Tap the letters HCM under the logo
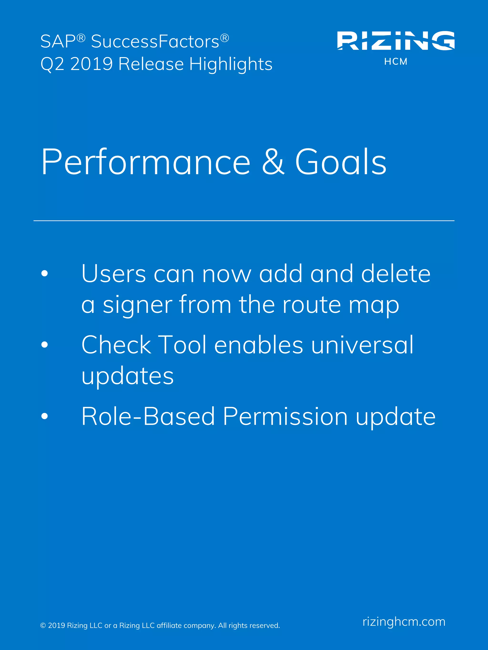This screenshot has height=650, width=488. pyautogui.click(x=396, y=62)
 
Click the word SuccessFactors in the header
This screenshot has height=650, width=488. pyautogui.click(x=155, y=41)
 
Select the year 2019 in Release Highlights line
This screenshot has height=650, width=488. pyautogui.click(x=91, y=64)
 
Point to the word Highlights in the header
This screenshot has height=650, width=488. pyautogui.click(x=231, y=64)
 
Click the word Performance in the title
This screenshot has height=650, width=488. pyautogui.click(x=146, y=162)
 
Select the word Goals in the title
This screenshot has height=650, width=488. pyautogui.click(x=341, y=162)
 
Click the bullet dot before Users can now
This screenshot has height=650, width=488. pyautogui.click(x=44, y=273)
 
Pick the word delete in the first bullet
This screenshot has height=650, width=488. pyautogui.click(x=395, y=273)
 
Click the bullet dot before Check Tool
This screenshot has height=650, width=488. pyautogui.click(x=44, y=345)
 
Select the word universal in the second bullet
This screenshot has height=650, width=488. pyautogui.click(x=362, y=345)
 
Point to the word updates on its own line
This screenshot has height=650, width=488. pyautogui.click(x=128, y=377)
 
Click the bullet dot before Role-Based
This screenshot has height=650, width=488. pyautogui.click(x=44, y=416)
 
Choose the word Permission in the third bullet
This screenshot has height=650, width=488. pyautogui.click(x=285, y=416)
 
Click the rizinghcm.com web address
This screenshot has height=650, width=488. pyautogui.click(x=404, y=622)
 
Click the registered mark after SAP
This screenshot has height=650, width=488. pyautogui.click(x=81, y=38)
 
